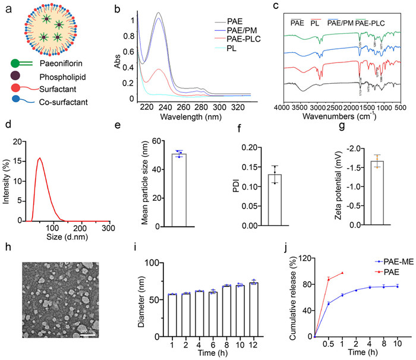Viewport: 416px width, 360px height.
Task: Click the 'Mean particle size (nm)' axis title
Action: point(144,181)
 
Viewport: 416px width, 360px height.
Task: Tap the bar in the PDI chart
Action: point(275,200)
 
